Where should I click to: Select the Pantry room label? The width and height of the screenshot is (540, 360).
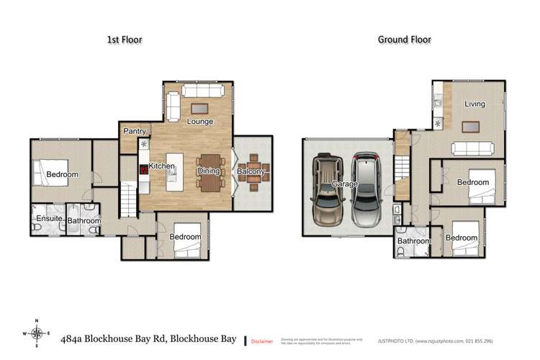click(135, 132)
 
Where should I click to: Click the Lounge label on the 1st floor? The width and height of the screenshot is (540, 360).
click(200, 122)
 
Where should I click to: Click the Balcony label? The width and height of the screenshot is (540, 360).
click(252, 171)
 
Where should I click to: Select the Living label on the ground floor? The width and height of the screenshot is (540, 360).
click(474, 104)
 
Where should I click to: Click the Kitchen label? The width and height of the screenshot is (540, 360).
click(162, 167)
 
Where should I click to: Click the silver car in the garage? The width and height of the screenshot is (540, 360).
click(366, 189)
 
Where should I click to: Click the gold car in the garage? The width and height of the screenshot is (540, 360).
click(328, 191)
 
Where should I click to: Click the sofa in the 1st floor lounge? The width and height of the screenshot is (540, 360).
click(202, 91)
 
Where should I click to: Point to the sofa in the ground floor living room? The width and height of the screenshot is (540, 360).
click(472, 148)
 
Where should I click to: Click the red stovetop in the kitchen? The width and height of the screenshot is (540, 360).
click(143, 171)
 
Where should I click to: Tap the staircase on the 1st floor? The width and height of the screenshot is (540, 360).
click(127, 200)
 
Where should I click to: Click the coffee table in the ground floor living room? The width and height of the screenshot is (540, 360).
click(471, 127)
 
